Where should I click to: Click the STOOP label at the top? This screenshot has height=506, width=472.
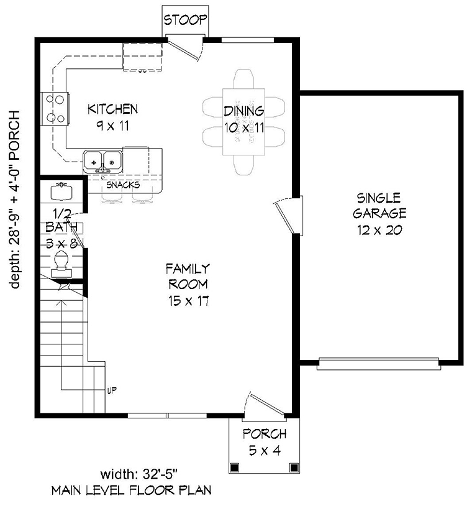[x=185, y=20]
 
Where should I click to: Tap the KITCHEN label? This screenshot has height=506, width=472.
[x=113, y=109]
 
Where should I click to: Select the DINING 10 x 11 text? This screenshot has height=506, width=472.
[x=244, y=119]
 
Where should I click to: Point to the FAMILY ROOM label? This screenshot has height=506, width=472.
[x=188, y=277]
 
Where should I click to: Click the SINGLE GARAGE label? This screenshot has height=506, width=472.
[x=379, y=206]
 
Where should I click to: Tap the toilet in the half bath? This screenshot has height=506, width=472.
[x=61, y=265]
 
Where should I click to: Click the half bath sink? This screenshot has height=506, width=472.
[x=61, y=191]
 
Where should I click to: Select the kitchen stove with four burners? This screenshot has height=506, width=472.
[x=55, y=109]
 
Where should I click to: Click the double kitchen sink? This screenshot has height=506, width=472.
[x=103, y=162]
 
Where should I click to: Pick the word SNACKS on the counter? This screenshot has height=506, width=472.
[x=123, y=185]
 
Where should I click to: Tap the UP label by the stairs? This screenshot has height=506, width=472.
[x=112, y=391]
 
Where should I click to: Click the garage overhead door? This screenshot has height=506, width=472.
[x=379, y=364]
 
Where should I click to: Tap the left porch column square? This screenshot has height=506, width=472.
[x=235, y=467]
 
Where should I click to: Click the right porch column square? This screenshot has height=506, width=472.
[x=294, y=467]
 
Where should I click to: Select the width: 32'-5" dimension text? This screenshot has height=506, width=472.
[x=139, y=475]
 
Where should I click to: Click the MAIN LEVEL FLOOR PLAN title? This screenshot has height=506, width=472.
[x=132, y=490]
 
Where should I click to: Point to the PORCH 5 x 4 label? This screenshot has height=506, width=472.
[x=265, y=442]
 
